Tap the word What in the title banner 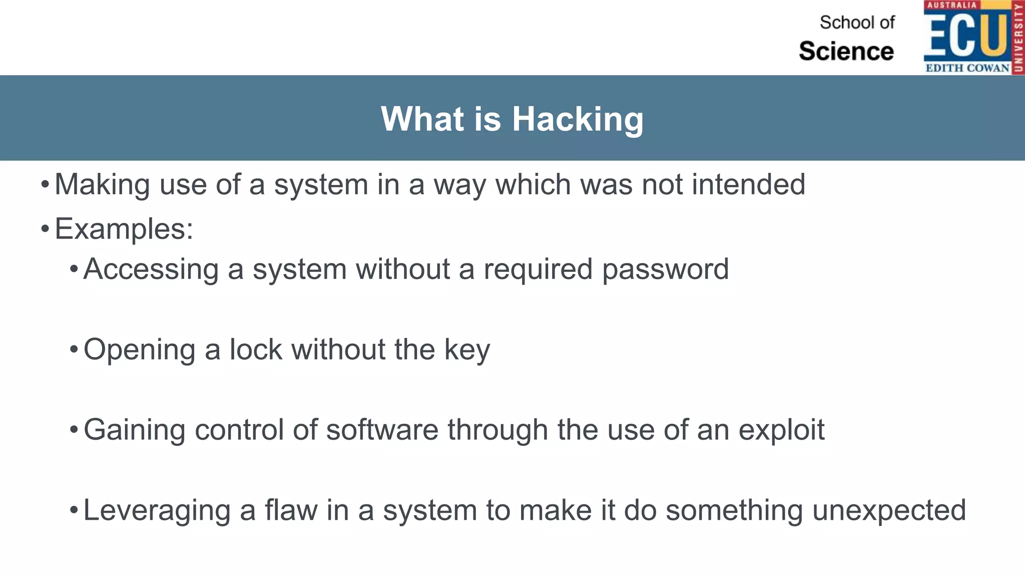click(x=422, y=119)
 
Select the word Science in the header click(x=846, y=51)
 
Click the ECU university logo click(x=973, y=38)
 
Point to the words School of click(x=857, y=23)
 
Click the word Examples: click(x=124, y=229)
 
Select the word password click(x=665, y=269)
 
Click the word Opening click(x=139, y=350)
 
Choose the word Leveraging click(x=157, y=510)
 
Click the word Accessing click(x=151, y=269)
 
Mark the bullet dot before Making click(x=45, y=185)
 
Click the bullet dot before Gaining click(x=74, y=430)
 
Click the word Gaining click(x=134, y=430)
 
